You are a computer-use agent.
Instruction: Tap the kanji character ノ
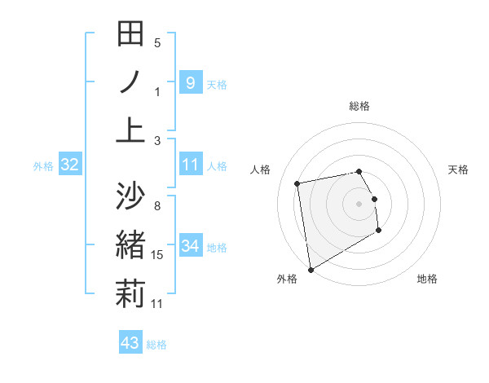coord(130,81)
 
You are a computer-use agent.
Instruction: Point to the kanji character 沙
coord(130,196)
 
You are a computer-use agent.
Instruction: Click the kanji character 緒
coord(130,245)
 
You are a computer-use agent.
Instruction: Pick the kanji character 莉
coord(130,293)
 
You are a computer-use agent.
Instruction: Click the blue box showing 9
coord(190,82)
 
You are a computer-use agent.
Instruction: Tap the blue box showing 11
coord(190,165)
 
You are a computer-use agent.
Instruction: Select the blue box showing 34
coord(190,247)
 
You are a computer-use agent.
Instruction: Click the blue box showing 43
coord(130,343)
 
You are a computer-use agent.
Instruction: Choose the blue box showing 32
coord(70,165)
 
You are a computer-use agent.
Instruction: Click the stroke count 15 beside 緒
coord(157,255)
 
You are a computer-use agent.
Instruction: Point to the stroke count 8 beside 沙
coord(157,205)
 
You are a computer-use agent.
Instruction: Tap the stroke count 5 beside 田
coord(157,42)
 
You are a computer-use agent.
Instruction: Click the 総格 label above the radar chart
coord(359,106)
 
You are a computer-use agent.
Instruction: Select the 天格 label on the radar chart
coord(459,169)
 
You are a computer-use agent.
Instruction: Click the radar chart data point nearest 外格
coord(311,269)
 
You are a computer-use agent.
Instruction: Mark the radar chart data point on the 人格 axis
coord(298,183)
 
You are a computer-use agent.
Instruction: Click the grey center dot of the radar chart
coord(359,203)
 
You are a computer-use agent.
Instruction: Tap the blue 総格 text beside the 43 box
coord(156,345)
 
